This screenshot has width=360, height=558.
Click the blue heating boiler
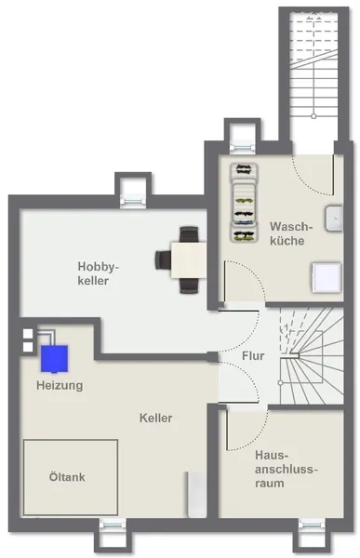54,359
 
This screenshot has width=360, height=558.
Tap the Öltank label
67,477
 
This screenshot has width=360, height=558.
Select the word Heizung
60,385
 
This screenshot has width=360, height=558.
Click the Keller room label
156,418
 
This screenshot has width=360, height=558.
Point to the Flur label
253,356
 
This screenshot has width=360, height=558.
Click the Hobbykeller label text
99,273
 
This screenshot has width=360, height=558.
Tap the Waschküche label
291,233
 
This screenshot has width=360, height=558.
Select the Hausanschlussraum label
286,469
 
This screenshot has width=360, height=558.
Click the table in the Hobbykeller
188,260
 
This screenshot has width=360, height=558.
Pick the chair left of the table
163,260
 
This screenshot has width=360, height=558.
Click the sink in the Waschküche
334,219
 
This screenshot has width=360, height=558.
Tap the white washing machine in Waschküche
327,278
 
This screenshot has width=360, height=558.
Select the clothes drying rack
244,203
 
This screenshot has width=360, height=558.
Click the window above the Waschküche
243,148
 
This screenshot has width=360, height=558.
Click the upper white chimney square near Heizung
28,334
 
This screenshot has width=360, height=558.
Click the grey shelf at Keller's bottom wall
197,495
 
